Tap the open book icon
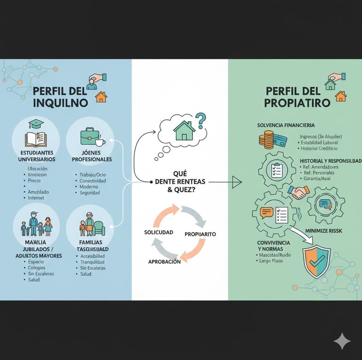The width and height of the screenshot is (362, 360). click(35, 139)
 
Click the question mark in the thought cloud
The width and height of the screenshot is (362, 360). click(201, 120)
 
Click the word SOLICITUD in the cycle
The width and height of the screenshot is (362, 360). click(158, 233)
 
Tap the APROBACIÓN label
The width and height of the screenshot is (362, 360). click(164, 261)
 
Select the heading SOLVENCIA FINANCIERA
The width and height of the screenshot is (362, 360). click(286, 125)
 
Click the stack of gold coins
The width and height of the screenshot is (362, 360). click(266, 140)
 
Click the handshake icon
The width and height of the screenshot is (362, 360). click(299, 192)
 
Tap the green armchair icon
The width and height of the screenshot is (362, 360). click(99, 228)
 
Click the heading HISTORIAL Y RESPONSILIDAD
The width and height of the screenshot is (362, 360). click(330, 161)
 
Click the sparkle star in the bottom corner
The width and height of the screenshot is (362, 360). click(342, 341)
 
